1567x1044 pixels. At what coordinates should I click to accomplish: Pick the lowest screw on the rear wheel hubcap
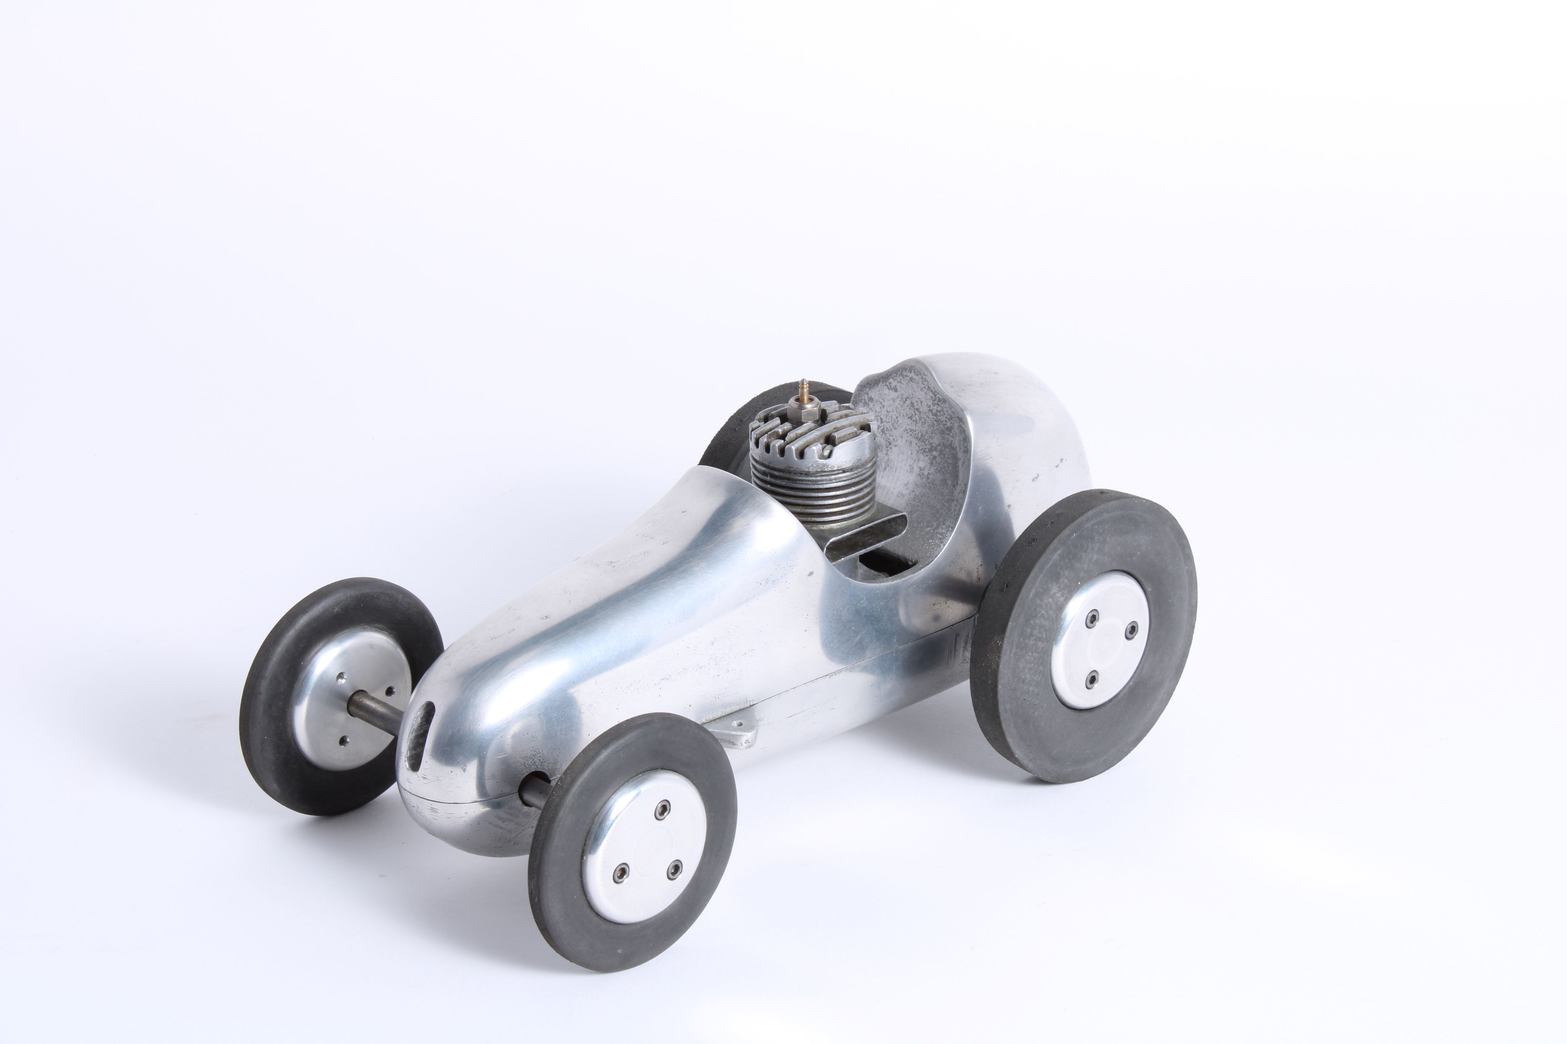click(x=1091, y=680)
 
